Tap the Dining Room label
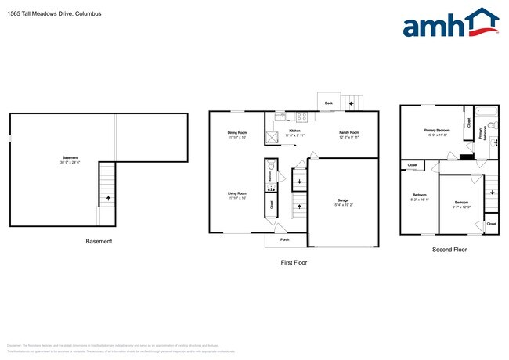coord(237,135)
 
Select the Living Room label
coord(236,195)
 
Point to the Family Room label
coord(348,133)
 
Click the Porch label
coord(285,240)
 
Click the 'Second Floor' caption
coord(449,250)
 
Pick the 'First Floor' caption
coord(294,263)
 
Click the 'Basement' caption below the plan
coord(99,241)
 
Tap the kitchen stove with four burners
coord(302,117)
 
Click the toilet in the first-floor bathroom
coord(271,167)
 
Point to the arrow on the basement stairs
coord(107,199)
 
